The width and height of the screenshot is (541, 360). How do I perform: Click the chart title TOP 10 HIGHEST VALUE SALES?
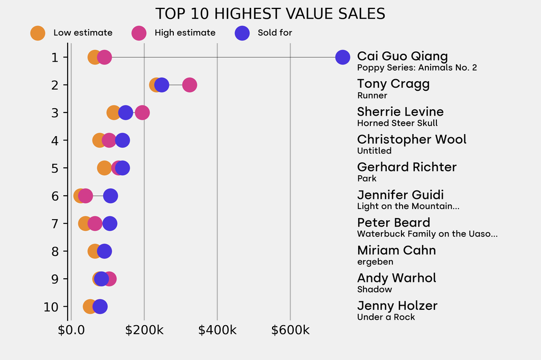tap(270, 14)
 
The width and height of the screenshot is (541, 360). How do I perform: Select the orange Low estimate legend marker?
tap(38, 33)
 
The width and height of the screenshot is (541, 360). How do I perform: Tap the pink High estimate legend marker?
tap(139, 33)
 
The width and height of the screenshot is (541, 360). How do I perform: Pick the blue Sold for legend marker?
tap(242, 33)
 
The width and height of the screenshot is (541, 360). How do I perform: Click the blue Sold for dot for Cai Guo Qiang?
tap(342, 57)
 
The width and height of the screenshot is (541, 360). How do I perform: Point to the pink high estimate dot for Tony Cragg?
tap(189, 85)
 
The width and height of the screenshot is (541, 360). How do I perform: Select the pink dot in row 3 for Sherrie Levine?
tap(142, 112)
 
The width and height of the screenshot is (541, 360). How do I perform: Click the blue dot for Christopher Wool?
tap(123, 140)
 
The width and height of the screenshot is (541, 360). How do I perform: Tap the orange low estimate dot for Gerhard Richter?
tap(105, 168)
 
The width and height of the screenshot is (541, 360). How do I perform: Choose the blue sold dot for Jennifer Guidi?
tap(110, 196)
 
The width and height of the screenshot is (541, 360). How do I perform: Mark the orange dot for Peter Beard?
tap(85, 223)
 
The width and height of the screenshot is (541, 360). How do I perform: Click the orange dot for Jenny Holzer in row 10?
tap(90, 306)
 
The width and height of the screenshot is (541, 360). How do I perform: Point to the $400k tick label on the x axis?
tap(217, 330)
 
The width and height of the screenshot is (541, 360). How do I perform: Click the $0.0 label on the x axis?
tap(70, 330)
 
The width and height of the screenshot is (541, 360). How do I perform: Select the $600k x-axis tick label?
tap(290, 330)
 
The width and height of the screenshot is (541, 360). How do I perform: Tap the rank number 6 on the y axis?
tap(55, 196)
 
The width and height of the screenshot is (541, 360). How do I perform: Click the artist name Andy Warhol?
tap(396, 278)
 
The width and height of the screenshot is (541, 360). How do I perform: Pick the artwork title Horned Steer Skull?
tap(397, 123)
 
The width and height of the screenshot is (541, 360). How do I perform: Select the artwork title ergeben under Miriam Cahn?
tap(375, 262)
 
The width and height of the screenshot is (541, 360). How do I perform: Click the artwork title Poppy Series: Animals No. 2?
tap(417, 68)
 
